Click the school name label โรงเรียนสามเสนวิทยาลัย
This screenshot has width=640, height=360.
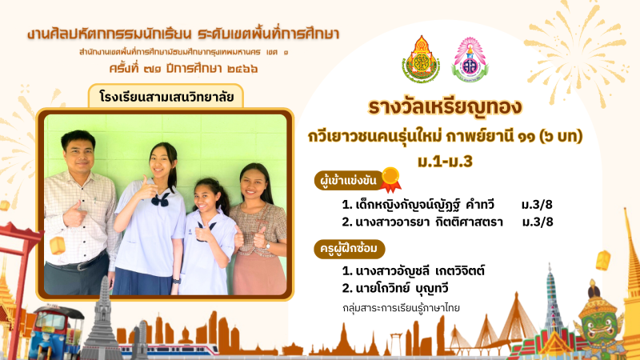click(x=166, y=97)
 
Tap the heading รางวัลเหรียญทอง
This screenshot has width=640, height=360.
click(x=445, y=107)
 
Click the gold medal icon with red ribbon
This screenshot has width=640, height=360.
click(x=390, y=179)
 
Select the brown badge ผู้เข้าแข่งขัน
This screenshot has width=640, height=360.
click(x=348, y=181)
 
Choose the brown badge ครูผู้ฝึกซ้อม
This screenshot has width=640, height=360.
click(x=350, y=249)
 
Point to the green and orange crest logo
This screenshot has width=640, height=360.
click(x=421, y=59)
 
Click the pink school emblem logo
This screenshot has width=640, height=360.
click(x=470, y=59)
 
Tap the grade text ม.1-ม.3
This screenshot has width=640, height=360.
click(x=445, y=162)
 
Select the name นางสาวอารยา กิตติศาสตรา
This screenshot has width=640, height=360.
click(x=422, y=222)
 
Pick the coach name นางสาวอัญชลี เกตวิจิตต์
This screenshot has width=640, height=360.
click(x=413, y=271)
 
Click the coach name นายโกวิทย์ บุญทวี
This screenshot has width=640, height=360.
click(x=395, y=289)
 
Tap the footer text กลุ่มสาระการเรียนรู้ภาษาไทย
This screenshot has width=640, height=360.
click(x=402, y=308)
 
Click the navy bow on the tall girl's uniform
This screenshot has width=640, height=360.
click(x=161, y=199)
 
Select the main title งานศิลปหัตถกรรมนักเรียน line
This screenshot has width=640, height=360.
click(x=183, y=34)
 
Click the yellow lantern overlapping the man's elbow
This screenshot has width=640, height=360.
click(x=57, y=246)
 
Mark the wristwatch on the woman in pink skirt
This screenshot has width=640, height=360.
click(x=268, y=246)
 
